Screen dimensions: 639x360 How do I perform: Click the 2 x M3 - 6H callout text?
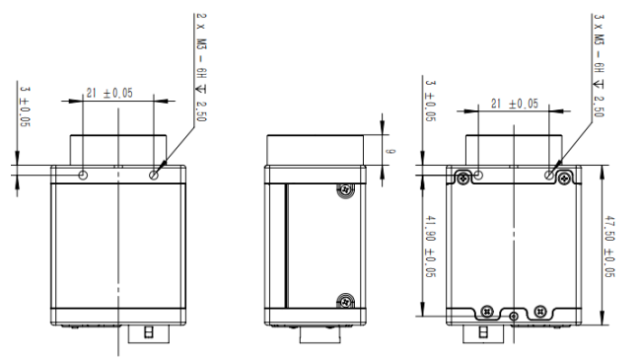pos(202,45)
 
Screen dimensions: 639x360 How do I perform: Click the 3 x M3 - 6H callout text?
pos(599,43)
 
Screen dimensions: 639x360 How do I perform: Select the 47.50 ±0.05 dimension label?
pos(608,247)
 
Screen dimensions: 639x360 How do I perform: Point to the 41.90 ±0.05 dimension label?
pos(430,247)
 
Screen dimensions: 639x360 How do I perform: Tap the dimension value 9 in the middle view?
pos(390,151)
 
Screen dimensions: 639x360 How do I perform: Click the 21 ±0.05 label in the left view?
pos(109,93)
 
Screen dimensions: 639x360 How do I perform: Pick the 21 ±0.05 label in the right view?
pos(515,104)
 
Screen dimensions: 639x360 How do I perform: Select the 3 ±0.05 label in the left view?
pos(25,106)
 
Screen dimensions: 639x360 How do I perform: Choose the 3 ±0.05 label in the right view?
pos(430,101)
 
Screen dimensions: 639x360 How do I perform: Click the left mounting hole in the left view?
pos(83,175)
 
